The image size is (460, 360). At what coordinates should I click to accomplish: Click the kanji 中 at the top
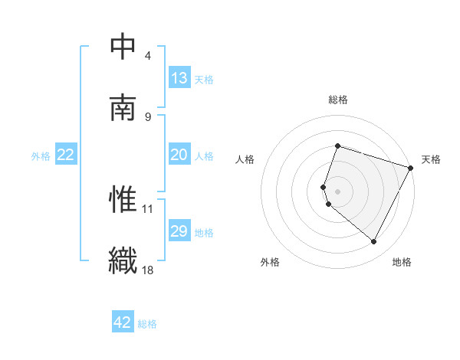(123, 47)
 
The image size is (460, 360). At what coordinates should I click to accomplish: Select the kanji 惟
(123, 198)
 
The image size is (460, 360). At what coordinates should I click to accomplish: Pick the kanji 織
(123, 259)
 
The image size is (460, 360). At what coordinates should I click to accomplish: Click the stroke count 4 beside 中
(148, 56)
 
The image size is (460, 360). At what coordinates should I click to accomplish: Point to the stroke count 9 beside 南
(148, 116)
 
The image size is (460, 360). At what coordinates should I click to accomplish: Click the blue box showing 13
(179, 78)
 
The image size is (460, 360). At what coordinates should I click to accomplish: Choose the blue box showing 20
(179, 155)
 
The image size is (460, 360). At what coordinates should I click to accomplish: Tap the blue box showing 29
(179, 231)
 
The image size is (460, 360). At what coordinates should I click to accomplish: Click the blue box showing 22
(66, 155)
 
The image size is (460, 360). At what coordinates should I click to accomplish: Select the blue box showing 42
(123, 322)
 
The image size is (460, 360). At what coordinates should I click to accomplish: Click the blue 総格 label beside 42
(147, 324)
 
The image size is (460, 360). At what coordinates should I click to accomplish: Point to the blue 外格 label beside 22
(41, 156)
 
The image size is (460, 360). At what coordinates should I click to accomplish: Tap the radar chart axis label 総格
(337, 100)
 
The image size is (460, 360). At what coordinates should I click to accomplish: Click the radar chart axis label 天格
(431, 159)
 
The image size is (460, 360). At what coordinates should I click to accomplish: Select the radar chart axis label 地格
(402, 262)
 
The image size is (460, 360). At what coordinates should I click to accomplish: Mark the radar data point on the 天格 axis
(411, 167)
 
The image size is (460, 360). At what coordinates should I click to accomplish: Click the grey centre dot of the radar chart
(337, 191)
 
